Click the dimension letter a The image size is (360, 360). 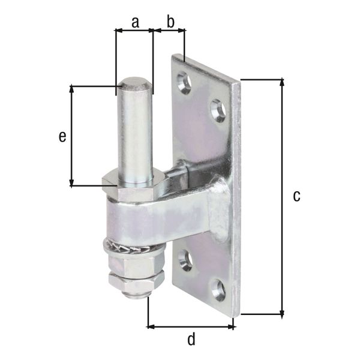pyautogui.click(x=135, y=22)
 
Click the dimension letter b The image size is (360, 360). pyautogui.click(x=170, y=22)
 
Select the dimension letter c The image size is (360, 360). pyautogui.click(x=296, y=196)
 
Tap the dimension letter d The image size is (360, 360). pyautogui.click(x=191, y=340)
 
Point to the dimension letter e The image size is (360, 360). pyautogui.click(x=62, y=137)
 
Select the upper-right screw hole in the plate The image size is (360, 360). pyautogui.click(x=218, y=110)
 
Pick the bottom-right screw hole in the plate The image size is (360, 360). pyautogui.click(x=218, y=290)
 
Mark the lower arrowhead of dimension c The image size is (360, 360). pyautogui.click(x=282, y=311)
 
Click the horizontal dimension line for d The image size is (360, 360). pyautogui.click(x=191, y=327)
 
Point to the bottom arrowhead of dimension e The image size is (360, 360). pyautogui.click(x=72, y=182)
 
